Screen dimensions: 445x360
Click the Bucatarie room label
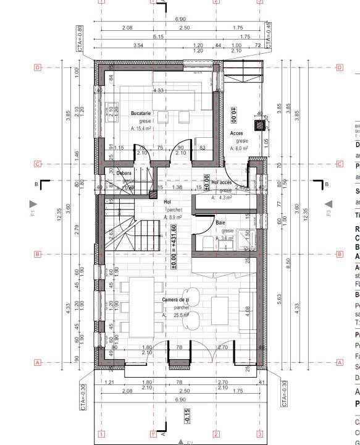click(141, 114)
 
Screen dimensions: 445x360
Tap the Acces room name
click(237, 133)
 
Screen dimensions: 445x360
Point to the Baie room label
click(220, 222)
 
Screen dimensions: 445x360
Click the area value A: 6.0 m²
click(239, 148)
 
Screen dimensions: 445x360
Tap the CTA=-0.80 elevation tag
click(79, 38)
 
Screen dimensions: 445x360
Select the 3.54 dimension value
click(138, 46)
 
